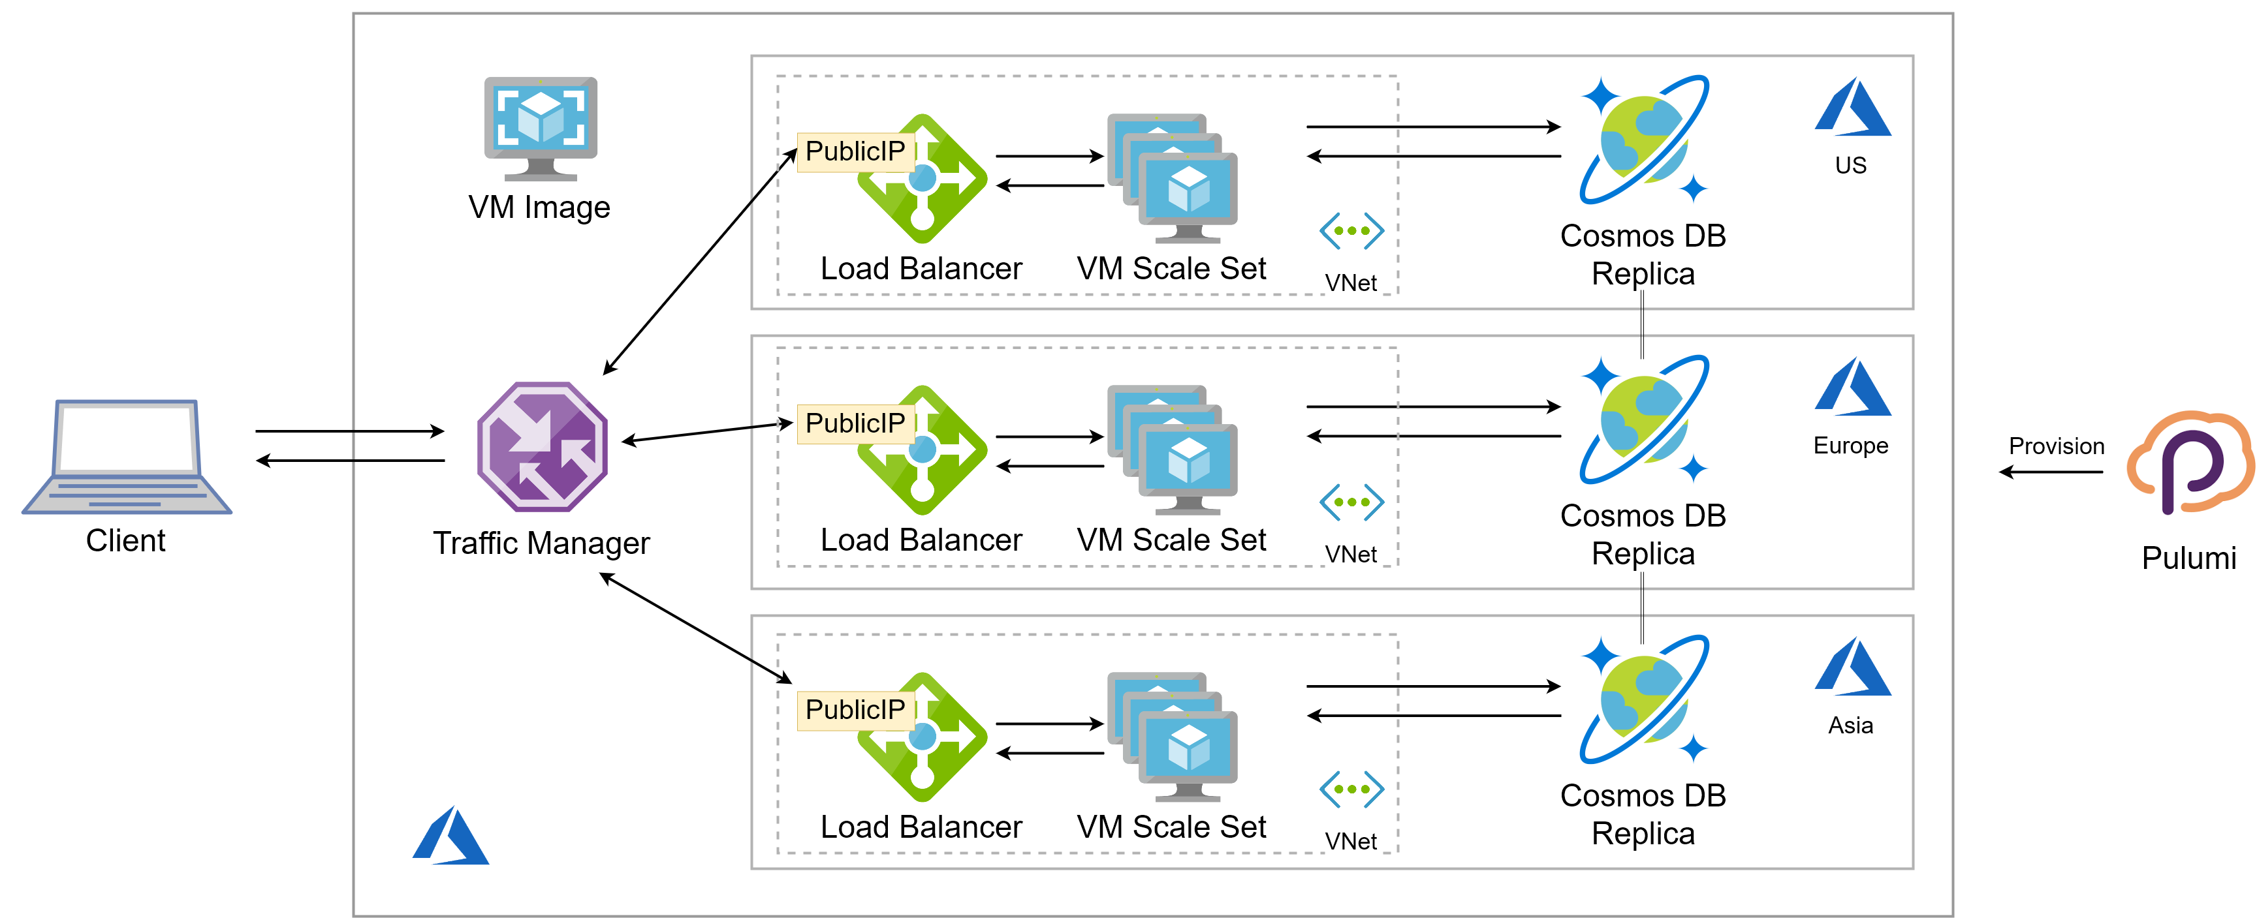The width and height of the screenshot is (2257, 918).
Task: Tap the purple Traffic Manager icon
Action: point(543,447)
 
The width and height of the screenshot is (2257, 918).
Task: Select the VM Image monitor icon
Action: point(541,128)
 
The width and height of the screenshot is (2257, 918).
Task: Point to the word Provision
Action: point(2055,446)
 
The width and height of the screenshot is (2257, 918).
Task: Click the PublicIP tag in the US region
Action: point(855,151)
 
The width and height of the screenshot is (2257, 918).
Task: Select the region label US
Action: point(1850,166)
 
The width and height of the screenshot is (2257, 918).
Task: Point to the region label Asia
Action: point(1850,726)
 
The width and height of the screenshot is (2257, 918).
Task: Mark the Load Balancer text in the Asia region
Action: point(921,827)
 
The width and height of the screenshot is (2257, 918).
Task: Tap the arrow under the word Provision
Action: point(2050,472)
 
